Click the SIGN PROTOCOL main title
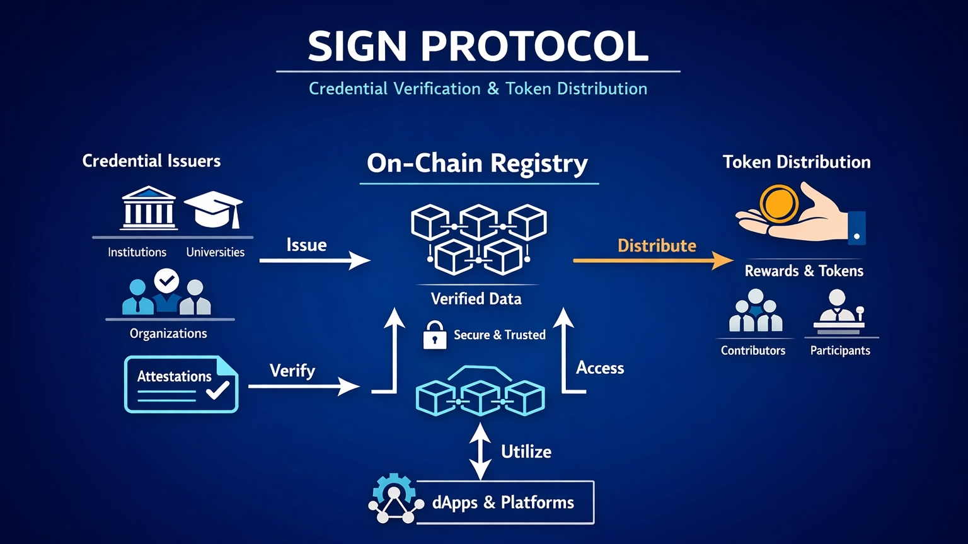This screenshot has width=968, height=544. (x=478, y=46)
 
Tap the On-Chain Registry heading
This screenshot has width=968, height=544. (x=477, y=163)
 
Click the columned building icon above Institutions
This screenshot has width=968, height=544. (x=149, y=208)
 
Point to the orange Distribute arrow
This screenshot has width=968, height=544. (x=653, y=260)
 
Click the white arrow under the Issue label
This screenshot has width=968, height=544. (x=314, y=260)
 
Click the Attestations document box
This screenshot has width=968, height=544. (x=181, y=384)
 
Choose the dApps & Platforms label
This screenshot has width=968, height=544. (x=503, y=502)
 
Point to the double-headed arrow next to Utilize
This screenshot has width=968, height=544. (x=480, y=451)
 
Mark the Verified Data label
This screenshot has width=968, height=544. (x=476, y=299)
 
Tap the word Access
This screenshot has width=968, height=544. (x=600, y=368)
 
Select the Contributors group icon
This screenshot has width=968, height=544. (x=755, y=311)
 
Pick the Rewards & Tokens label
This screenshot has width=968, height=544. (x=804, y=271)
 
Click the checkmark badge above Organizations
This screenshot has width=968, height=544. (x=166, y=281)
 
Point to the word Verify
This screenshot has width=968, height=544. (x=292, y=371)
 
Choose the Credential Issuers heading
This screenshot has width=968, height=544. (x=151, y=161)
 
